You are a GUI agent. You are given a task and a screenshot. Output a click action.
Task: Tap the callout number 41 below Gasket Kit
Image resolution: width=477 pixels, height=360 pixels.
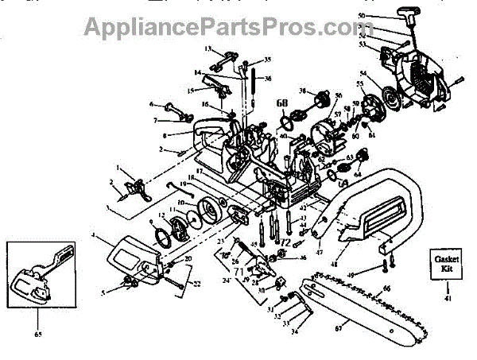pos(446,299)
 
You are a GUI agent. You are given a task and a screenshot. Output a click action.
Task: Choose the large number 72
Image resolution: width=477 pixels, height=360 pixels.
pos(284,240)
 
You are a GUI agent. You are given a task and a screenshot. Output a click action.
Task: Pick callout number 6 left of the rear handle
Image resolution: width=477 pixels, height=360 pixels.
pos(152,104)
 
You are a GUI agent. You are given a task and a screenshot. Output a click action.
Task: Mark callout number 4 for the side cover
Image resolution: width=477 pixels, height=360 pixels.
pos(93,235)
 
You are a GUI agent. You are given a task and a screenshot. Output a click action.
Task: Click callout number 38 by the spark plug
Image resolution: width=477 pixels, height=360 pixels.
pos(301,91)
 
